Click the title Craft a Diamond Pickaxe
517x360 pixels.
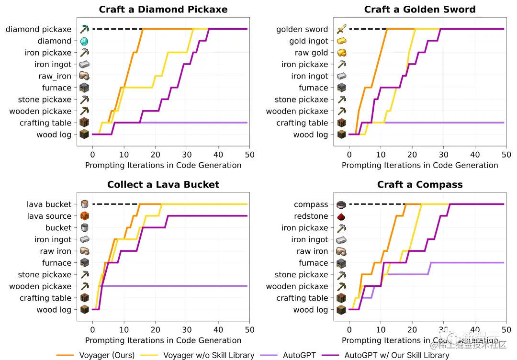(163, 10)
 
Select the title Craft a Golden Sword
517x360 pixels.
(420, 10)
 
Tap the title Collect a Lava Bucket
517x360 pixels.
(163, 185)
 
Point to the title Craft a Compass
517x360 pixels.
(420, 185)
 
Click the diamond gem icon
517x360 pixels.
(84, 41)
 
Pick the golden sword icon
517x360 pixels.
(341, 29)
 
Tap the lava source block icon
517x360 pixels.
(84, 216)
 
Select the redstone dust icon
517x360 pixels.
(341, 216)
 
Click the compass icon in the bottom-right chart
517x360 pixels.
(341, 204)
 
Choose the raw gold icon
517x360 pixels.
(341, 53)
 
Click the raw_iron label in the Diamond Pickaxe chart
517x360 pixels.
(55, 76)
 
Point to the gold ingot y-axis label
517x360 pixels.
(309, 41)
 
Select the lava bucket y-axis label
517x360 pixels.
(49, 204)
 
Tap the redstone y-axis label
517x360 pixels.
(311, 216)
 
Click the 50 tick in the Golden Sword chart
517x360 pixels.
(506, 155)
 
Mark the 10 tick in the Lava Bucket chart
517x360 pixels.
(124, 330)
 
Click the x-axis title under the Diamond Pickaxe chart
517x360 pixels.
(163, 165)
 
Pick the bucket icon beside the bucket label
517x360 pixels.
(84, 228)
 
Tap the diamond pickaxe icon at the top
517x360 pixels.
(84, 29)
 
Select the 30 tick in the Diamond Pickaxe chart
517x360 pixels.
(187, 155)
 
